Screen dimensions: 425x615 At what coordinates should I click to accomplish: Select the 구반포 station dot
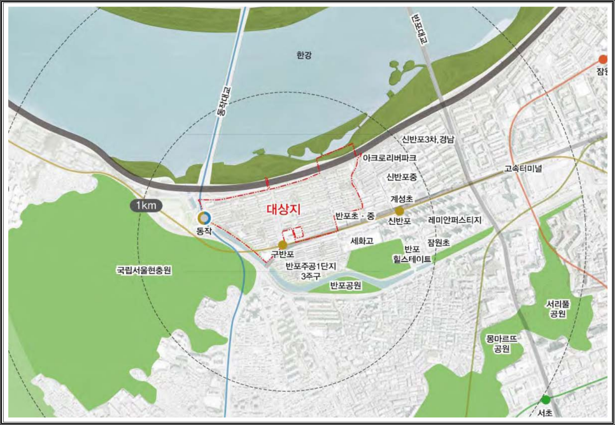tap(283, 245)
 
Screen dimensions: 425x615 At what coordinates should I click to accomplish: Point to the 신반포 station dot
tap(399, 211)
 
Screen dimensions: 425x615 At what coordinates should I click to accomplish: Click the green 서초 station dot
tap(545, 400)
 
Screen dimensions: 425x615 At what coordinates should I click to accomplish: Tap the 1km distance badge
tap(146, 206)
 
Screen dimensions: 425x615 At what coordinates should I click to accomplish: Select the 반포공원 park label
tap(346, 286)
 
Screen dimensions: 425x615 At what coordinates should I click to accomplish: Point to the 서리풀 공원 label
tap(558, 308)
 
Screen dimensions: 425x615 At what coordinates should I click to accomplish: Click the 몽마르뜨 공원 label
tap(502, 344)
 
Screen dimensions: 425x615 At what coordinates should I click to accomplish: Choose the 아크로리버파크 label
tap(389, 157)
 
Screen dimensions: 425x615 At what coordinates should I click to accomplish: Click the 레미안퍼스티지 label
tap(455, 220)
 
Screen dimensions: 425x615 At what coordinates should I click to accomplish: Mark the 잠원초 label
tap(439, 243)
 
